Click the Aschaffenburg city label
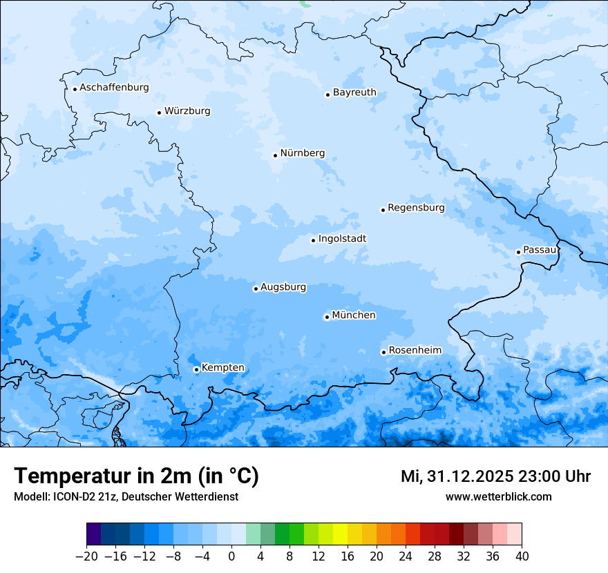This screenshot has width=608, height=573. click(x=114, y=88)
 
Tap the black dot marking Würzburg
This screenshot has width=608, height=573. click(x=159, y=113)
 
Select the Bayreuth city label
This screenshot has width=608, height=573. click(x=354, y=93)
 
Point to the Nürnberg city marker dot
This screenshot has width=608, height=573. click(x=275, y=155)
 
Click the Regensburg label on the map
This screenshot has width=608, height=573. click(x=416, y=208)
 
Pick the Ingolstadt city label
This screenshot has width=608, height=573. click(x=342, y=239)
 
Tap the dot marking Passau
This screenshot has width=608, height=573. click(x=518, y=252)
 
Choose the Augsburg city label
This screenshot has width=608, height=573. click(x=283, y=287)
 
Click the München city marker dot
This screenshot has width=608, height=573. click(x=327, y=318)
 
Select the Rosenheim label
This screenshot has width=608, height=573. click(x=415, y=351)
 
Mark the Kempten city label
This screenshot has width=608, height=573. click(x=222, y=368)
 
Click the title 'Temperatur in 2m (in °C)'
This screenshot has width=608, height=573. click(x=136, y=476)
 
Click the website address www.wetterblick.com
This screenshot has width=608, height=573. click(x=498, y=496)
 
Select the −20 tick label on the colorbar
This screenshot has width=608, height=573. click(x=86, y=556)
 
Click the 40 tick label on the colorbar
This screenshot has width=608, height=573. click(x=522, y=556)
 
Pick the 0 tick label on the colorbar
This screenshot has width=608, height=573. click(x=231, y=556)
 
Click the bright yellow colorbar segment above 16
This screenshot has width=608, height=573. click(x=340, y=534)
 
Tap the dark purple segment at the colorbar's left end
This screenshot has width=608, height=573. click(x=94, y=534)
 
